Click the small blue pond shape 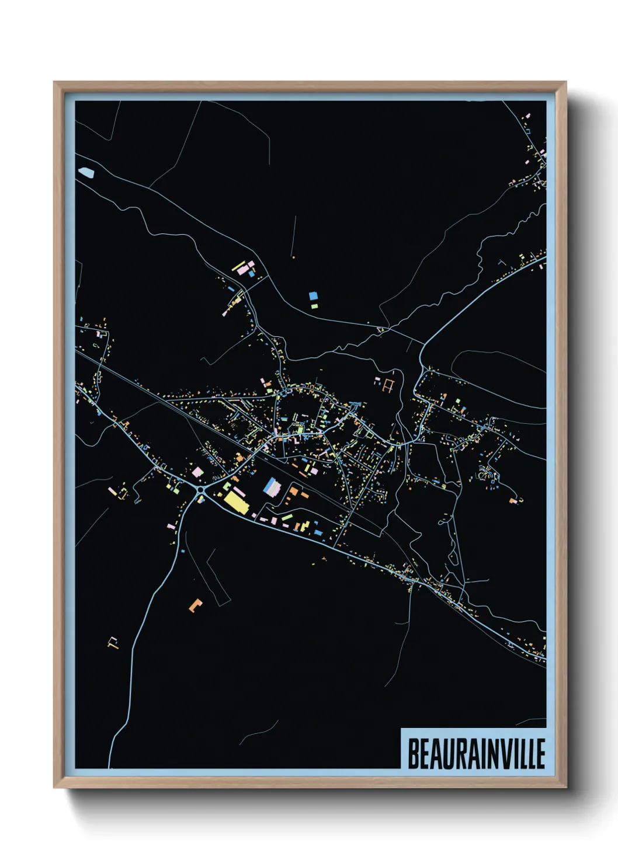86,172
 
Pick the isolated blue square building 313,297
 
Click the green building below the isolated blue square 314,306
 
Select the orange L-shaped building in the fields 195,605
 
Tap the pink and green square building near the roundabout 197,472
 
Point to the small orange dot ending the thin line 293,256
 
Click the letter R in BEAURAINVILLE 461,754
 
